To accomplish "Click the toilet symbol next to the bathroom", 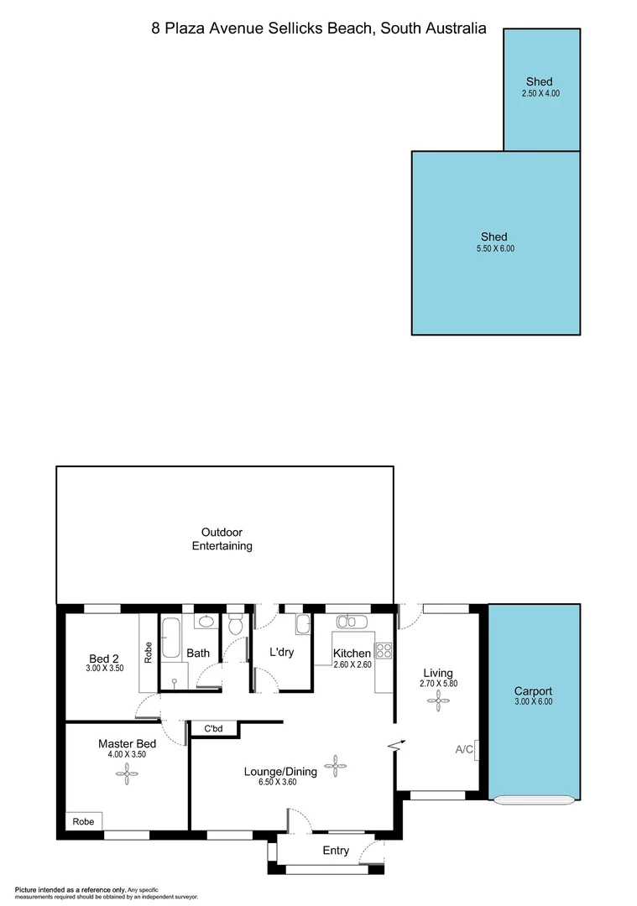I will [x=235, y=625].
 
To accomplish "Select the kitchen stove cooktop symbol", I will [x=384, y=650].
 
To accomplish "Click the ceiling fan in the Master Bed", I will [x=126, y=777].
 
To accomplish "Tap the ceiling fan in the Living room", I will [x=438, y=704].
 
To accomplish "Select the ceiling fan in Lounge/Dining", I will [x=335, y=764].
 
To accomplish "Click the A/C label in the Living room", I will [x=464, y=749].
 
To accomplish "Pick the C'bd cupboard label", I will [x=212, y=728].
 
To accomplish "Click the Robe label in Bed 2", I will [x=149, y=653].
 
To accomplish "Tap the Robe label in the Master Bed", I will [x=83, y=821].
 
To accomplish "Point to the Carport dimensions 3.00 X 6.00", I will [x=533, y=701].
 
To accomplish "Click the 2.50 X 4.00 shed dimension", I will [x=540, y=93].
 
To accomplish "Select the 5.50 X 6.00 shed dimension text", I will [x=494, y=248].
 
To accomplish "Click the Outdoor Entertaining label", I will [x=222, y=539].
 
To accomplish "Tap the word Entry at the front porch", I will [x=336, y=850].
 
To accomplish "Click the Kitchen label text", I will [x=352, y=653].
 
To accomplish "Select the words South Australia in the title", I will [x=433, y=28].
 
